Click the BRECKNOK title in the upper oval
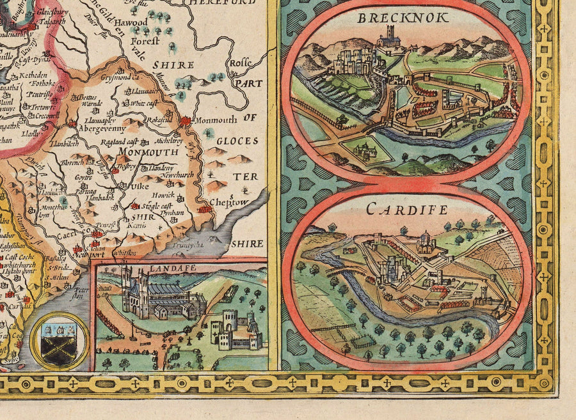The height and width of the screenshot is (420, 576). click(x=403, y=18)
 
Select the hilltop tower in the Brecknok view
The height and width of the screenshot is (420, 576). click(x=388, y=36)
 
